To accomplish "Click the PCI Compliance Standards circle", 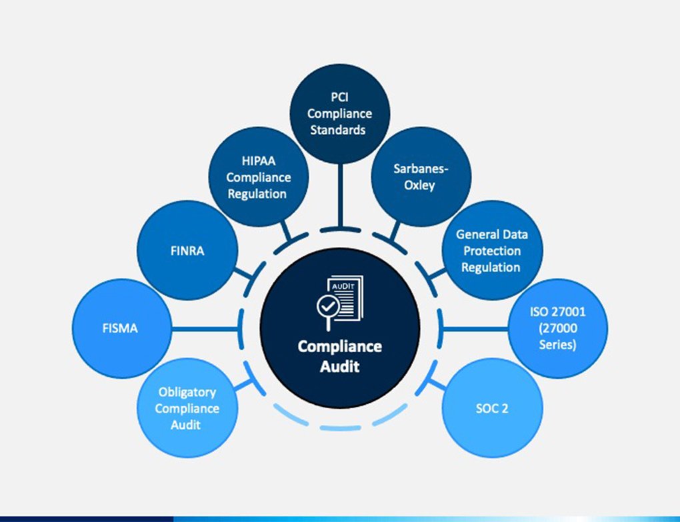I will point(339,114).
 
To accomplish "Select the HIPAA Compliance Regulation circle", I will point(259,177).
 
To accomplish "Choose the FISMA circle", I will point(121,328).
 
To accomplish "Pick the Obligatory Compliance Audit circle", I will point(187,407).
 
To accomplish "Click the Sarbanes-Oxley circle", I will point(420,176).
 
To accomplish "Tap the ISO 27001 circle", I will point(557,328).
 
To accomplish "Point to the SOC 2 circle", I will point(492,407).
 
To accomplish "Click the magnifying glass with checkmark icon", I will point(327,308).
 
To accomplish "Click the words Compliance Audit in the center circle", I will point(339,356).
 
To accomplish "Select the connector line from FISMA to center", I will point(207,328).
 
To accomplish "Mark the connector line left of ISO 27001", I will point(475,328).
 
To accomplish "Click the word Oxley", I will point(420,184).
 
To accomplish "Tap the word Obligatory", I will point(187,393).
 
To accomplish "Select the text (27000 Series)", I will point(557,336).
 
